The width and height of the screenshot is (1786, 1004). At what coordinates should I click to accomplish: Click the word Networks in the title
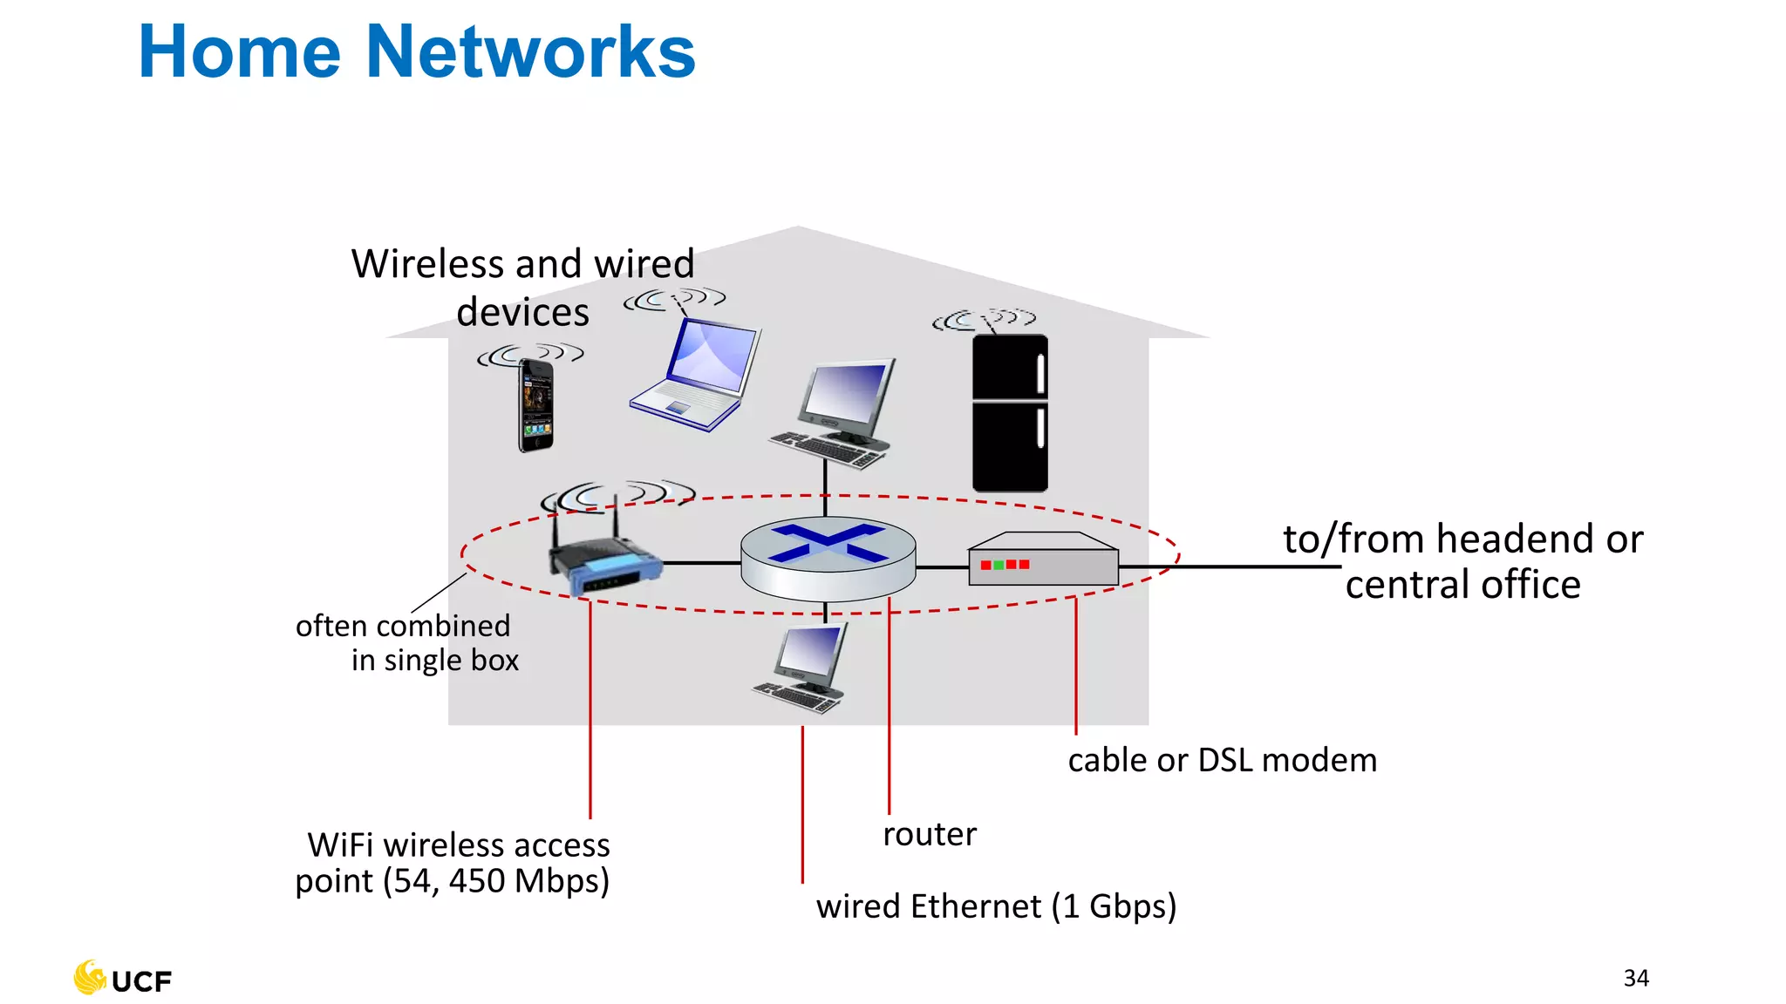tap(530, 52)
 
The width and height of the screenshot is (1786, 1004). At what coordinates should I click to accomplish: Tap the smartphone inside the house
tap(536, 406)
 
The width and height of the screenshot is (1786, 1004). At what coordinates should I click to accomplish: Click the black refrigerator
tap(1010, 413)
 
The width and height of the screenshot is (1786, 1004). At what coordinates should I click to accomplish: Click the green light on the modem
tap(999, 565)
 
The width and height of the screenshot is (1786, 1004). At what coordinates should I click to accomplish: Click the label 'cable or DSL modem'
tap(1222, 760)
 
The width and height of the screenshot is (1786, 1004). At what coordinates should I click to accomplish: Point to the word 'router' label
tap(930, 834)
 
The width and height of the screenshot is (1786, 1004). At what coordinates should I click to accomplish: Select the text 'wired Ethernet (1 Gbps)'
tap(996, 906)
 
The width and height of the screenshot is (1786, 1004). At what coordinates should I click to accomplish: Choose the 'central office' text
tap(1462, 585)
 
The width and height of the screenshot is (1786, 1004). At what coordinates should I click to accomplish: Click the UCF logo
tap(123, 979)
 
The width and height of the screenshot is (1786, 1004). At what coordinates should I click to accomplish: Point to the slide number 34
tap(1636, 978)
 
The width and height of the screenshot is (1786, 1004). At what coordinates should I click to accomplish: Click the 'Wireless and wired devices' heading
tap(523, 288)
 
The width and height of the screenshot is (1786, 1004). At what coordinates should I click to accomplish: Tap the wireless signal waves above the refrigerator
tap(984, 319)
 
